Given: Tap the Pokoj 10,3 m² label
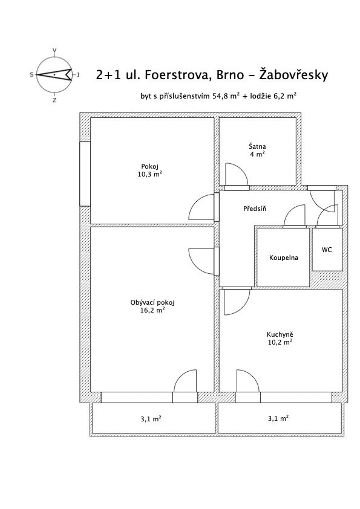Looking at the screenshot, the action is point(150,170).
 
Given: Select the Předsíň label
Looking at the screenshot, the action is point(255,209).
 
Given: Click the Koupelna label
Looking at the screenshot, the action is point(284,258).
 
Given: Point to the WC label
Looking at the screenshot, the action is point(327,250).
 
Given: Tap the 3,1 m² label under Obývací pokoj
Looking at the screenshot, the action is point(151,419).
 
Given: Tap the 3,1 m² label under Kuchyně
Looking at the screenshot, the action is point(278,418).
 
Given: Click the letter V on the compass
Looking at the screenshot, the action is point(54,50).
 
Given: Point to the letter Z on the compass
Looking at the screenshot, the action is point(54,100).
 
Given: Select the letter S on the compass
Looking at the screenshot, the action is point(32,75).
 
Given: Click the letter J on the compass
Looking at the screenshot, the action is point(78,75).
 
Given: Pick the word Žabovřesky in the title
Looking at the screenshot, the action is point(293,74).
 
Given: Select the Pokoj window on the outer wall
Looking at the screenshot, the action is point(85,173).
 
